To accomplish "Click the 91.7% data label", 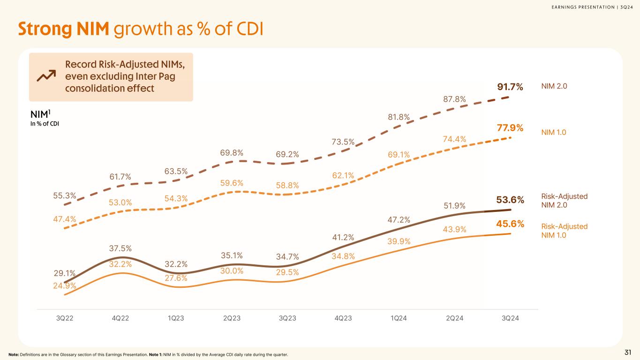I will point(510,87).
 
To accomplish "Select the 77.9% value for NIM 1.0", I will point(510,127).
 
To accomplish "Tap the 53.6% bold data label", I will point(510,201).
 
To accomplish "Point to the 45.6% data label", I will point(510,224).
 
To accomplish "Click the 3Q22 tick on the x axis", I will point(65,318).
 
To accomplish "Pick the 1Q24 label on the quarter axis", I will point(399,318).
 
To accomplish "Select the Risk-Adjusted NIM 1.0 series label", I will point(565,231).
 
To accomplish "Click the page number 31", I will point(628,352).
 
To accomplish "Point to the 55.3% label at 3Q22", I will point(65,195).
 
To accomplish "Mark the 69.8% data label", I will point(232,152).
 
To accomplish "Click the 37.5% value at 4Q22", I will point(121,248).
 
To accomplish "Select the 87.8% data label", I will point(454,99).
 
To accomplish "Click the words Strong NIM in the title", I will point(63,29).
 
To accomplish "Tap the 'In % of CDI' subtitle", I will point(45,124).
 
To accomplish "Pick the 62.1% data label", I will point(343,176).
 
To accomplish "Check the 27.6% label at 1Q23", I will point(176,278).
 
